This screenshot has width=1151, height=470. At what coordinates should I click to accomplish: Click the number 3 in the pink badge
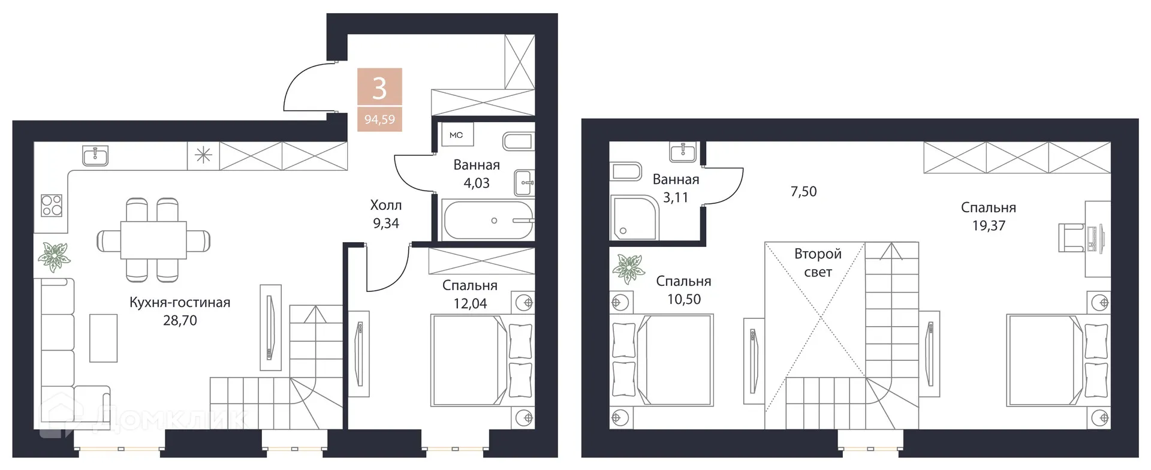379,88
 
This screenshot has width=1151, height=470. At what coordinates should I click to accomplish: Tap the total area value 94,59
379,119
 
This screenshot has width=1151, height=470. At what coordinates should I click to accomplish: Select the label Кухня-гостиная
180,302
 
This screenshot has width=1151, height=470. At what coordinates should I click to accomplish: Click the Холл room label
385,205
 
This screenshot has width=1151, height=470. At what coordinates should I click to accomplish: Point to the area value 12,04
470,303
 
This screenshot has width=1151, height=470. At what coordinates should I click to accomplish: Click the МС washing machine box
456,135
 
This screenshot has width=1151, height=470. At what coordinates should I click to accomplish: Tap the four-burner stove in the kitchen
52,205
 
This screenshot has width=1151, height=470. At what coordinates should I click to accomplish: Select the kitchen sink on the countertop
95,156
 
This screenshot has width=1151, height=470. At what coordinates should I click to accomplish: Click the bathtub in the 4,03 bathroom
488,221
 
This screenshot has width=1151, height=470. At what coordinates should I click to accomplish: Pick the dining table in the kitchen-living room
153,240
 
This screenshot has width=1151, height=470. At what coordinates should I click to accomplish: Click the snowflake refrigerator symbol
203,156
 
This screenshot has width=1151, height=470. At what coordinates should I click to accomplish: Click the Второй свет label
818,263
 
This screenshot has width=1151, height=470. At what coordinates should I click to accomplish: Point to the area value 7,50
803,191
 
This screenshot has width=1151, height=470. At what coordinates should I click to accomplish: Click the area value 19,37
989,225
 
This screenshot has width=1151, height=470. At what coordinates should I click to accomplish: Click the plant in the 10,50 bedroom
628,268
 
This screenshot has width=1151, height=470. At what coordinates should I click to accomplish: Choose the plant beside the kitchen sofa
54,257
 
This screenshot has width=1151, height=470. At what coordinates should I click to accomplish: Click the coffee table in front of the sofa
103,338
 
